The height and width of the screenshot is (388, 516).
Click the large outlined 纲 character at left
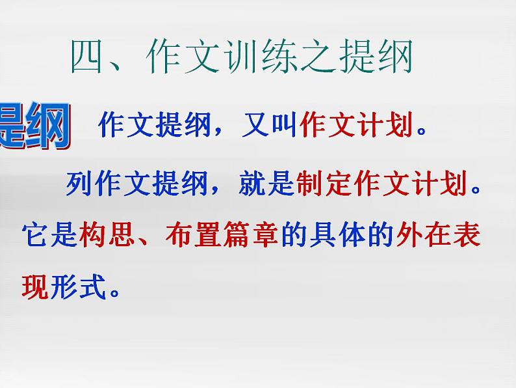45,127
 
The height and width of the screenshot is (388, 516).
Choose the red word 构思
106,234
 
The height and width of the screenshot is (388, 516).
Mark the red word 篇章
250,234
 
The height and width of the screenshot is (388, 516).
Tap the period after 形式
114,293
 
